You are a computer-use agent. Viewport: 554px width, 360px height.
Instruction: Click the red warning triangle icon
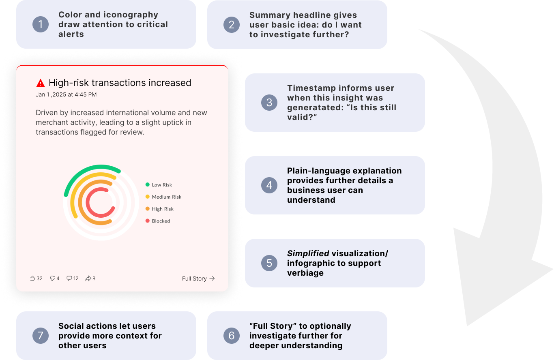tap(41, 83)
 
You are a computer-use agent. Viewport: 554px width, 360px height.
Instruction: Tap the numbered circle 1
tap(40, 24)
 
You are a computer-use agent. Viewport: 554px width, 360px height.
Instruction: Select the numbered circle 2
tap(231, 24)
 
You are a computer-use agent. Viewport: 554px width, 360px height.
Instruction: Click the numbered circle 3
tap(269, 103)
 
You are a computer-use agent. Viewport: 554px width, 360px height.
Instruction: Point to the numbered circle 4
tap(269, 185)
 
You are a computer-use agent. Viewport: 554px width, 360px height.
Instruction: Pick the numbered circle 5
tap(269, 263)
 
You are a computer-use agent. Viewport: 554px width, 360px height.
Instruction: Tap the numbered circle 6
tap(231, 336)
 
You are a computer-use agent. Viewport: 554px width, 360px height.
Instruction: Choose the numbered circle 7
tap(40, 336)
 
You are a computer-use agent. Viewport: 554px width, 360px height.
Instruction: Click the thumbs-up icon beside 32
tap(32, 279)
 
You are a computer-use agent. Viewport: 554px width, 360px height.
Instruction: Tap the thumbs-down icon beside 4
tap(52, 279)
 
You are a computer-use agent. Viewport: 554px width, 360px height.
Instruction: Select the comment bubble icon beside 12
tap(69, 279)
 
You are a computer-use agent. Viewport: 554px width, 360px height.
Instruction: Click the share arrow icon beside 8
tap(88, 279)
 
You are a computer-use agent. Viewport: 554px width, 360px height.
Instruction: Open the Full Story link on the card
tap(198, 279)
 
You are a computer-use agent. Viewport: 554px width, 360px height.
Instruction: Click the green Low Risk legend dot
tap(148, 185)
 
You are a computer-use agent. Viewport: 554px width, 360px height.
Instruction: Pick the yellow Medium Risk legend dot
tap(148, 197)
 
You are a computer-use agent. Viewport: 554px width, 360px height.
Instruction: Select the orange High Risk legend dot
tap(148, 209)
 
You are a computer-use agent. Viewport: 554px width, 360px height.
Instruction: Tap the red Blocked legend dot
tap(148, 221)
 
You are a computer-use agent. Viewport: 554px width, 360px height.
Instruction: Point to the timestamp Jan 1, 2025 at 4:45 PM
tap(66, 95)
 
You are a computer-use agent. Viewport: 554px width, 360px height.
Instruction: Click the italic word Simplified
tap(308, 254)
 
